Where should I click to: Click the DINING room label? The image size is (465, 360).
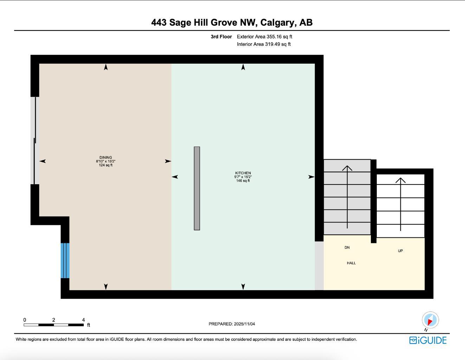(105, 157)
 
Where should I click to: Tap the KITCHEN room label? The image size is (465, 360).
(243, 173)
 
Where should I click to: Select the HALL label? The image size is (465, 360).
(351, 263)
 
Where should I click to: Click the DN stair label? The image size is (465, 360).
(347, 247)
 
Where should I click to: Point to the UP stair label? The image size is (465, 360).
(400, 251)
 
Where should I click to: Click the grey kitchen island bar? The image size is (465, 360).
(197, 188)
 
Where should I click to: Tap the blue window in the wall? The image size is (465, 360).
(65, 261)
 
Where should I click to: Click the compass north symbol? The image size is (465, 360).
(430, 320)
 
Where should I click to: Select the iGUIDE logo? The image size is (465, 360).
(428, 340)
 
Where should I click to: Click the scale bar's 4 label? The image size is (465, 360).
(83, 320)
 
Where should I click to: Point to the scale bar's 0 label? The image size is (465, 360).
(25, 320)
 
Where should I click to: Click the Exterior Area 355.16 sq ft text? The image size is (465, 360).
(264, 37)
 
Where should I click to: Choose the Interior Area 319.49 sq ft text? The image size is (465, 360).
(264, 44)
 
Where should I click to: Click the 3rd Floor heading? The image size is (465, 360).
(221, 37)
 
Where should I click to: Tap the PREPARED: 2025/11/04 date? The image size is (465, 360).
(232, 324)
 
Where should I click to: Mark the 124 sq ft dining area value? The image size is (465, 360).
(105, 165)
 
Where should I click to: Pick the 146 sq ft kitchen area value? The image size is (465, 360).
(243, 181)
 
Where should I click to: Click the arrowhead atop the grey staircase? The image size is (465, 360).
(347, 168)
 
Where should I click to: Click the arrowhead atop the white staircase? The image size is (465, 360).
(400, 180)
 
